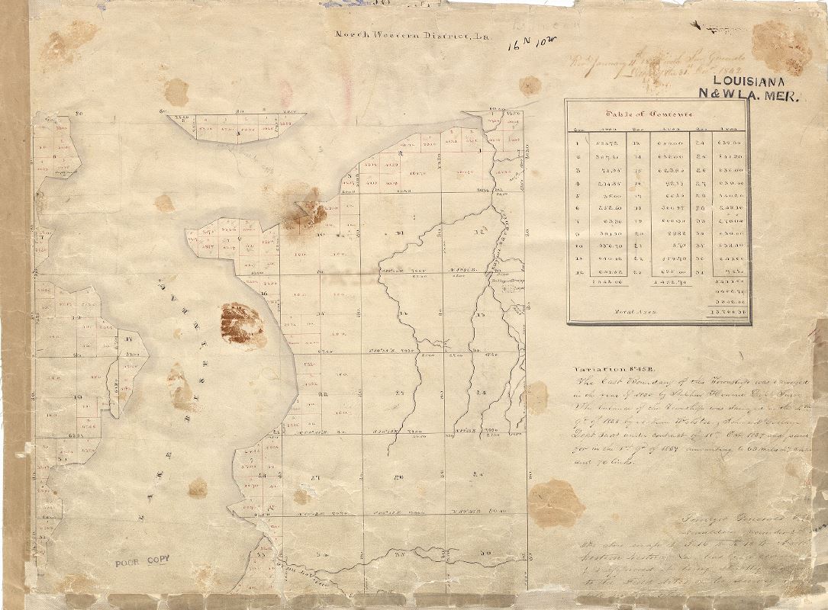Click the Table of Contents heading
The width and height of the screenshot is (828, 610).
649,114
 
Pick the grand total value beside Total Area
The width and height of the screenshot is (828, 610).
729,311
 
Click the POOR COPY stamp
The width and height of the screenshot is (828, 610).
142,562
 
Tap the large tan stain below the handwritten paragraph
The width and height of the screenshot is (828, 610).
556,503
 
